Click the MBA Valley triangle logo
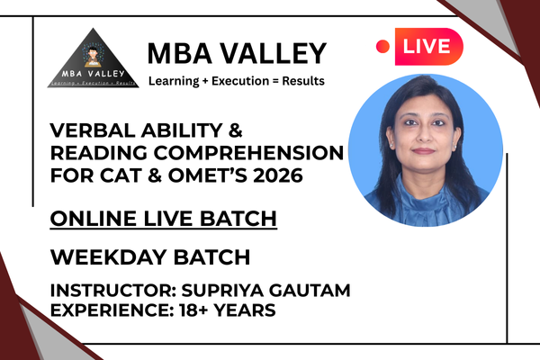(87, 58)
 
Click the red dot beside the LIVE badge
(382, 45)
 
